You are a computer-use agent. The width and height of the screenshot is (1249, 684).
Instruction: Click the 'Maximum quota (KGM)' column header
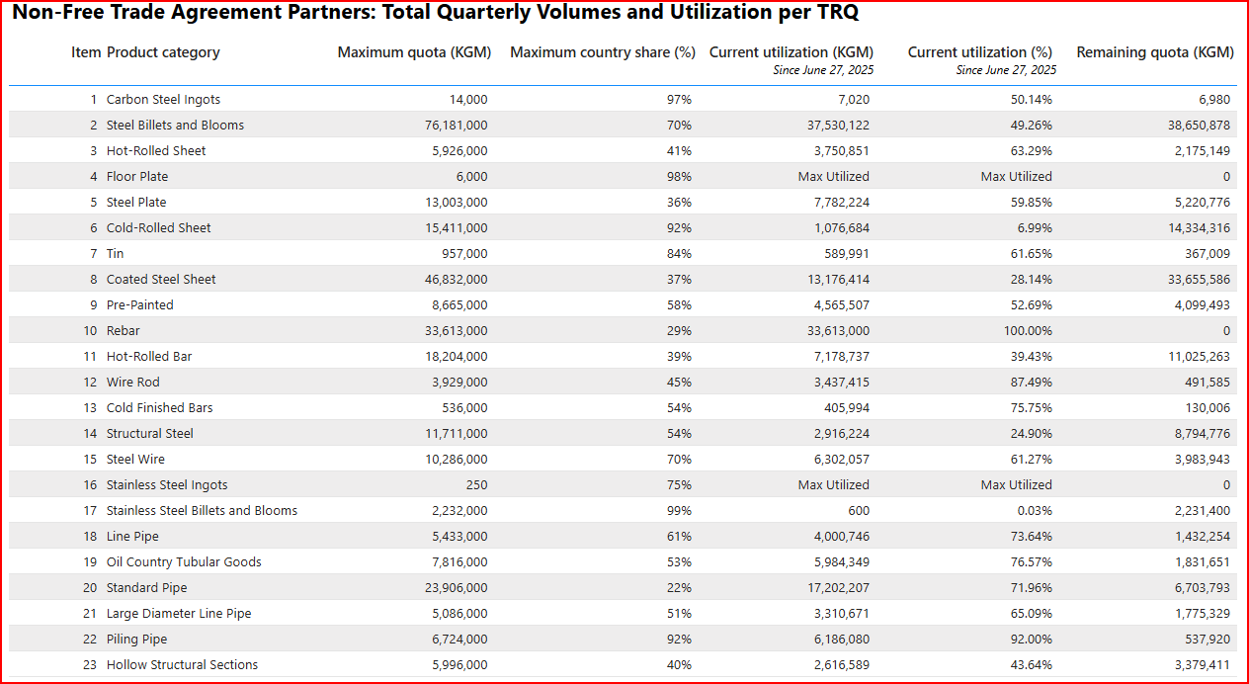click(414, 52)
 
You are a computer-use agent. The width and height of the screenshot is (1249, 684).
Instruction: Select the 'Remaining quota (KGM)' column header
click(1154, 52)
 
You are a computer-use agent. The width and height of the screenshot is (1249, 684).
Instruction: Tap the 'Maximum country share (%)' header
click(602, 52)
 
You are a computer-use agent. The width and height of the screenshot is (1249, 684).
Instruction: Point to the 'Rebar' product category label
click(124, 331)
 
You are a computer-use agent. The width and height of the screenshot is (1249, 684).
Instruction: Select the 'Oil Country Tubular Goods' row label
click(184, 562)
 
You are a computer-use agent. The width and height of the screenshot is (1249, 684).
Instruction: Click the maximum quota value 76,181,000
click(453, 126)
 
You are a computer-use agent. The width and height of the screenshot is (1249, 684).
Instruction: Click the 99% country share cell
click(679, 511)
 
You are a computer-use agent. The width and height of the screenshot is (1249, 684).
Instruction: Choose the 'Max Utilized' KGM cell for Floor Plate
click(833, 177)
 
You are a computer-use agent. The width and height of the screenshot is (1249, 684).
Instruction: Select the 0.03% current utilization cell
click(1033, 511)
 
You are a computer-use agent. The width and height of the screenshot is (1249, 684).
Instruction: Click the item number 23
click(90, 665)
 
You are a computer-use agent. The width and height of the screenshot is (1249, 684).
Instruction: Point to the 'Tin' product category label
click(116, 254)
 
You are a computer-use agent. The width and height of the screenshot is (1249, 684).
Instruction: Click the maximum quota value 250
click(476, 485)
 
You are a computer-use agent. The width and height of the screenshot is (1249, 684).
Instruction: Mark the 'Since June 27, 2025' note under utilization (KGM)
click(823, 70)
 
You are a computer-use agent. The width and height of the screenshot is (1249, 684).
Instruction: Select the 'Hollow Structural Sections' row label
click(182, 665)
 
